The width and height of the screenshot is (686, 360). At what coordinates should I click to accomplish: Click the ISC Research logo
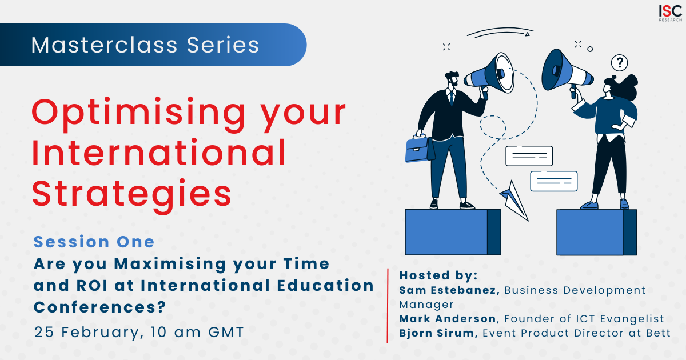pos(670,13)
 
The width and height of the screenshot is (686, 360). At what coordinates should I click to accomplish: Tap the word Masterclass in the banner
pos(105,45)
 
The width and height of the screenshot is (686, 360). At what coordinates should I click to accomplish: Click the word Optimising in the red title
pos(138,114)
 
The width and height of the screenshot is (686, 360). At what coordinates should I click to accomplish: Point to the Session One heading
pos(94,242)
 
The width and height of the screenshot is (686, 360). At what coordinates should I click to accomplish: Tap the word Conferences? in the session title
pos(100,307)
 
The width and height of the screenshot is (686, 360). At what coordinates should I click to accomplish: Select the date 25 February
pos(87,333)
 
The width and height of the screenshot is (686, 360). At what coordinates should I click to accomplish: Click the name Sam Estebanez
pos(449,290)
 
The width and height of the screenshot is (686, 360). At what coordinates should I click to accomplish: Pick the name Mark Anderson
pos(448,319)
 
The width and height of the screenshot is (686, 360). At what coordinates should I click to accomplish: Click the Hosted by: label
pos(438,275)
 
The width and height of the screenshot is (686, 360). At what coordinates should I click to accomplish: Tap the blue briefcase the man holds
pos(419,149)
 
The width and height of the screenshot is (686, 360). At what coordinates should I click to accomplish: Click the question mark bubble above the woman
pos(619,63)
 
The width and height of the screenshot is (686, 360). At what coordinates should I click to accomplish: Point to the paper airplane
pos(514,200)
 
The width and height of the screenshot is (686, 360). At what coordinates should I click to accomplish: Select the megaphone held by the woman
pos(567,72)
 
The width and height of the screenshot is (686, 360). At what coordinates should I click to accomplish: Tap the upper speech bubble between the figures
pos(529,156)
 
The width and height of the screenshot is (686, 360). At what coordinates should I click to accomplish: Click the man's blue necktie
pos(452,98)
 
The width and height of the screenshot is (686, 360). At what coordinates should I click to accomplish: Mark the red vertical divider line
pos(388,306)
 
